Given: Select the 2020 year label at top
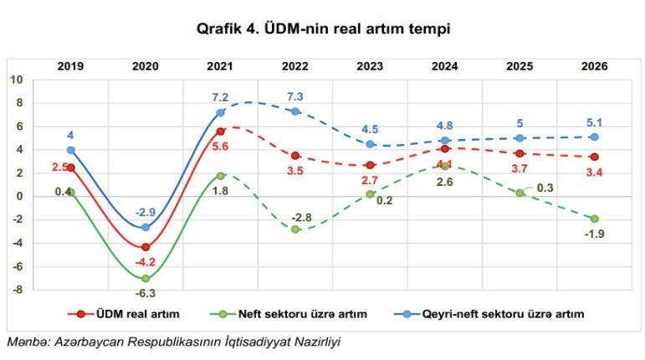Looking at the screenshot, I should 146,64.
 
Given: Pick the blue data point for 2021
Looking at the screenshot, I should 220,112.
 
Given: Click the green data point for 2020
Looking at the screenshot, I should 146,278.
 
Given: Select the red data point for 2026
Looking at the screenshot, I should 593,157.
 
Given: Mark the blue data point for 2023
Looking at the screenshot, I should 370,144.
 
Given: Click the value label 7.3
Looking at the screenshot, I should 294,96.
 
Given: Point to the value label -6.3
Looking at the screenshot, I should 146,293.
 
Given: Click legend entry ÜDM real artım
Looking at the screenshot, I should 125,314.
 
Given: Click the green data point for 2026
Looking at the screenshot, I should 593,219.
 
